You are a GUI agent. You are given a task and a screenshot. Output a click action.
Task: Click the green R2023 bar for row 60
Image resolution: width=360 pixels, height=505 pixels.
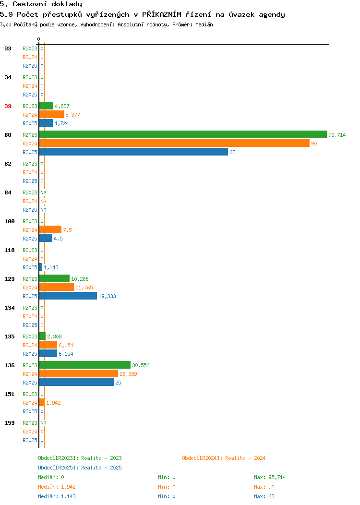tap(183, 134)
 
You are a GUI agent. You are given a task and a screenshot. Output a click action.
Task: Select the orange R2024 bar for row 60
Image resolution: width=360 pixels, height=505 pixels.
tap(174, 144)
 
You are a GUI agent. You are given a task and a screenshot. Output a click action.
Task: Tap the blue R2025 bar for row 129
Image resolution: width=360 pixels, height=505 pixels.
tap(68, 296)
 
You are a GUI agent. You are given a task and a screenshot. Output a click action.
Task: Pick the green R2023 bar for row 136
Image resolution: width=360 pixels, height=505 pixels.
tap(84, 365)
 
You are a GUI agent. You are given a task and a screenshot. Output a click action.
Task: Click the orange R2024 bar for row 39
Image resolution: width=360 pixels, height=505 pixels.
tap(51, 114)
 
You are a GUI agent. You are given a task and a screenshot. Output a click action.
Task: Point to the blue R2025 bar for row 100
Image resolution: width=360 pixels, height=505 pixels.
tap(46, 238)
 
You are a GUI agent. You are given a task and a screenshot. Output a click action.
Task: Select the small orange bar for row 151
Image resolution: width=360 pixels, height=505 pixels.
tap(42, 403)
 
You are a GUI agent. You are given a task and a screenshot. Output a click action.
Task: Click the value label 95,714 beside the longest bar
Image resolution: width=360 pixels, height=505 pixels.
tap(337, 135)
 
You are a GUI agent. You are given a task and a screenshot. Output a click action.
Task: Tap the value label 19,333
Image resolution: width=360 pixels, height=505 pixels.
tap(107, 296)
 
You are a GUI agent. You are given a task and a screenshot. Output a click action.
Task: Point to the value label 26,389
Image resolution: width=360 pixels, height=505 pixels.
tap(128, 374)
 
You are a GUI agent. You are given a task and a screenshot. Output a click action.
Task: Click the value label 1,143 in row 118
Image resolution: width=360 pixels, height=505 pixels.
tap(51, 268)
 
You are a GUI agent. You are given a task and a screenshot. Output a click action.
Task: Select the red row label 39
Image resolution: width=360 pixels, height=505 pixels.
tap(8, 106)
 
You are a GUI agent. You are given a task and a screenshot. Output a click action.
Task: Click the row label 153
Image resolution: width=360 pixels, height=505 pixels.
tap(10, 423)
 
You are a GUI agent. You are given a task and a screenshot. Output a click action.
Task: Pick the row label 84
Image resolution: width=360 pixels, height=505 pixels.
tap(8, 192)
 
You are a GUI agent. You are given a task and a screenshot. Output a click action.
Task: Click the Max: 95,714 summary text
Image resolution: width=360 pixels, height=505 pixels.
tap(270, 477)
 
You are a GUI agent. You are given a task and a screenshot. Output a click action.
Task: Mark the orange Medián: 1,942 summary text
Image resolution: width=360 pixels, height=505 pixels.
tap(57, 487)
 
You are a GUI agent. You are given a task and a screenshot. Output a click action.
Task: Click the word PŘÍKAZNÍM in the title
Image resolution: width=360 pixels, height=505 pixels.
tap(162, 14)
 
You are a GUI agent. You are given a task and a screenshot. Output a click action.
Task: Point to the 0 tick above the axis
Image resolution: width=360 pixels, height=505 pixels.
tap(39, 39)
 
